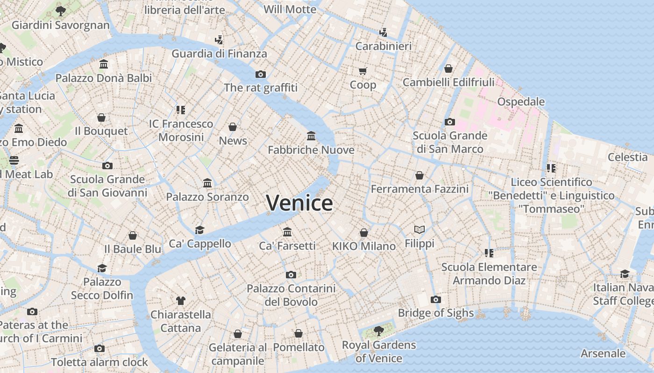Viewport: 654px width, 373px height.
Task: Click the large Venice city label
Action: click(299, 203)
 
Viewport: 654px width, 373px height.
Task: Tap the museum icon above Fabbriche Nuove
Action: click(311, 136)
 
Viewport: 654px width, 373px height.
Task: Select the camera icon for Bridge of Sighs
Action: click(436, 299)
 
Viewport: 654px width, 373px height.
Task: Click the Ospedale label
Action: click(521, 102)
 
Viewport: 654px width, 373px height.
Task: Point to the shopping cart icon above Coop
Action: click(363, 71)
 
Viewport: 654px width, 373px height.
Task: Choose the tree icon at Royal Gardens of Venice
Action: click(378, 331)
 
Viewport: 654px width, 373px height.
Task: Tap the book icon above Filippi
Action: click(419, 229)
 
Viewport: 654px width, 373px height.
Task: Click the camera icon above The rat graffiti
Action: click(261, 74)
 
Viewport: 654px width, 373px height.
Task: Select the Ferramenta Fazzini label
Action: click(419, 189)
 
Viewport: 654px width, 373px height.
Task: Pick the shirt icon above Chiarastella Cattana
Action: click(181, 300)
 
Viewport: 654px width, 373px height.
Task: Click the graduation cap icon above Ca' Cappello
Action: click(200, 230)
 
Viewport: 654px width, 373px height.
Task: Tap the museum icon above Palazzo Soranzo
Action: click(207, 183)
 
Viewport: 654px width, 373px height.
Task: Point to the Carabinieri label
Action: click(384, 46)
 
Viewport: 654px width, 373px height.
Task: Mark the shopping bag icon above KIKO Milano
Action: click(364, 232)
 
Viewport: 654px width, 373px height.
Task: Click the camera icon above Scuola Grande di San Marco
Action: click(450, 122)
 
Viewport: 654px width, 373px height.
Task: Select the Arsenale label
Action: click(603, 353)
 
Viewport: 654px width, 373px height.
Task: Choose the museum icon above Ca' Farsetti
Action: click(287, 232)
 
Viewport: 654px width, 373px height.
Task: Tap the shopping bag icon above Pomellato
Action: click(299, 333)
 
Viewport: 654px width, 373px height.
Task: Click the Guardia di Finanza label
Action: click(219, 54)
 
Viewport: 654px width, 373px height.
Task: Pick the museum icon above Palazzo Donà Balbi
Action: click(104, 64)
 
